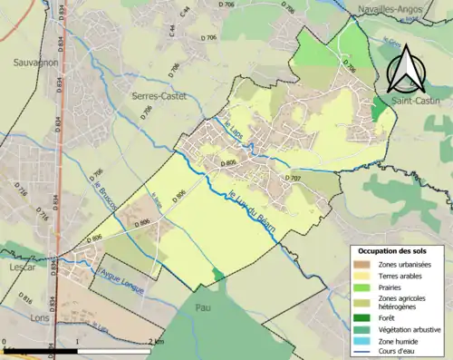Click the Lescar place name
click(x=20, y=269)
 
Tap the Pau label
click(x=215, y=310)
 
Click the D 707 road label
click(x=292, y=180)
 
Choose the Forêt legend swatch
click(x=362, y=316)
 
